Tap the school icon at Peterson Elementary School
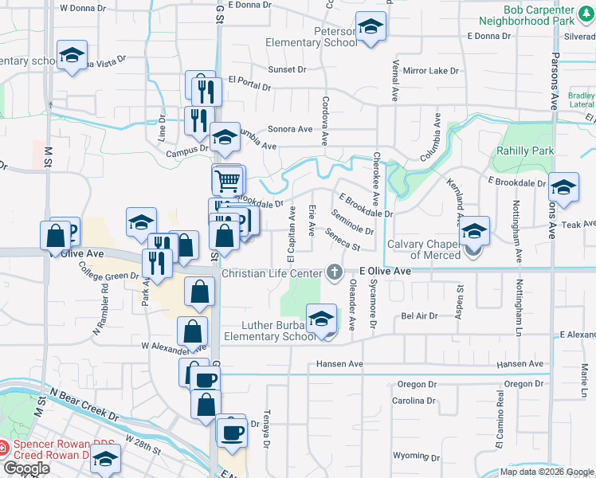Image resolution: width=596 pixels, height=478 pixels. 371,29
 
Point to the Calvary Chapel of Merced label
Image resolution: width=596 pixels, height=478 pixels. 423,249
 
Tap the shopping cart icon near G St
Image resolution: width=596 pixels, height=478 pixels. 227,180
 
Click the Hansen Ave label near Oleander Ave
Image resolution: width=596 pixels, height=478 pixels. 339,364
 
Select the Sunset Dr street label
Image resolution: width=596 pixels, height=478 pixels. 287,70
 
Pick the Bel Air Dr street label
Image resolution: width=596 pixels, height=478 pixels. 420,316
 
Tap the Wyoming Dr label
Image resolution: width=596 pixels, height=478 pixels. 411,456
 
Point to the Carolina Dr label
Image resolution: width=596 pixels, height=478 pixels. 413,401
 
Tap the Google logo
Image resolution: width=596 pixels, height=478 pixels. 26,468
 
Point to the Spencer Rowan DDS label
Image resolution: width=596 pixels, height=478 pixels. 62,444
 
